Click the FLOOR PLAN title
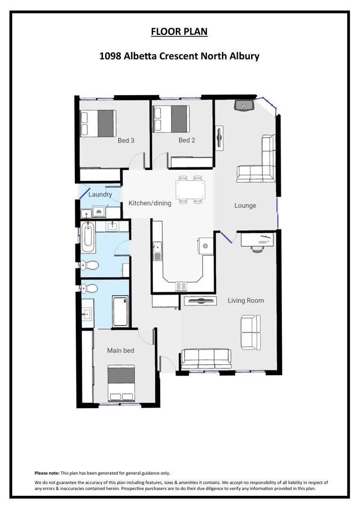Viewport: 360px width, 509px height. (x=179, y=32)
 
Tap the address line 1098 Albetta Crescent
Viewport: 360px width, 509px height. (x=179, y=56)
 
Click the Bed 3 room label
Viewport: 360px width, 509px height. (x=126, y=140)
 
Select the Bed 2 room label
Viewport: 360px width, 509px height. (x=187, y=140)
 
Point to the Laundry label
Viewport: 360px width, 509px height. (x=100, y=194)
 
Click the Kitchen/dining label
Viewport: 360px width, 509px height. (x=150, y=203)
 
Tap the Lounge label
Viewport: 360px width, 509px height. (x=245, y=205)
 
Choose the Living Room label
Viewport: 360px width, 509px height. (x=245, y=300)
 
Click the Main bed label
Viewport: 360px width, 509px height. (x=121, y=350)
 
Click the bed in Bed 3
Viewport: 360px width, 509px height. (x=98, y=123)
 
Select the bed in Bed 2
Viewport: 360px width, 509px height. (x=172, y=118)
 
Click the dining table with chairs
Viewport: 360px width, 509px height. (x=190, y=190)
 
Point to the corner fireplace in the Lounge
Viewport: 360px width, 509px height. (x=244, y=106)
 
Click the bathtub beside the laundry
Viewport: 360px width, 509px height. (x=88, y=238)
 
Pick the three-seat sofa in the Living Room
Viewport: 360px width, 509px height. (x=206, y=359)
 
